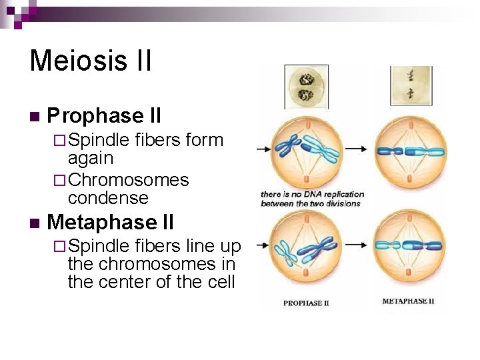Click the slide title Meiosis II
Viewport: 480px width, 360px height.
[x=91, y=60]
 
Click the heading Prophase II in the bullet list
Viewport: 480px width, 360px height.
[x=105, y=116]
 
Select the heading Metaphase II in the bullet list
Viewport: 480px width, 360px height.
[x=111, y=221]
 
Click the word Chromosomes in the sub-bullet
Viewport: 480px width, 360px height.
[x=128, y=180]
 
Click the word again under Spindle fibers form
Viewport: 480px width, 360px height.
[x=91, y=159]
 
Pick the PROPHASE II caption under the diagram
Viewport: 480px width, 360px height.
[x=306, y=303]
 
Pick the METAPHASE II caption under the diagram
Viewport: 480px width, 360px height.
[x=408, y=301]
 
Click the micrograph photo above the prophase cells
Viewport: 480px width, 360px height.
[x=306, y=87]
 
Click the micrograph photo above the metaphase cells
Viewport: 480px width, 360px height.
[x=410, y=85]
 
